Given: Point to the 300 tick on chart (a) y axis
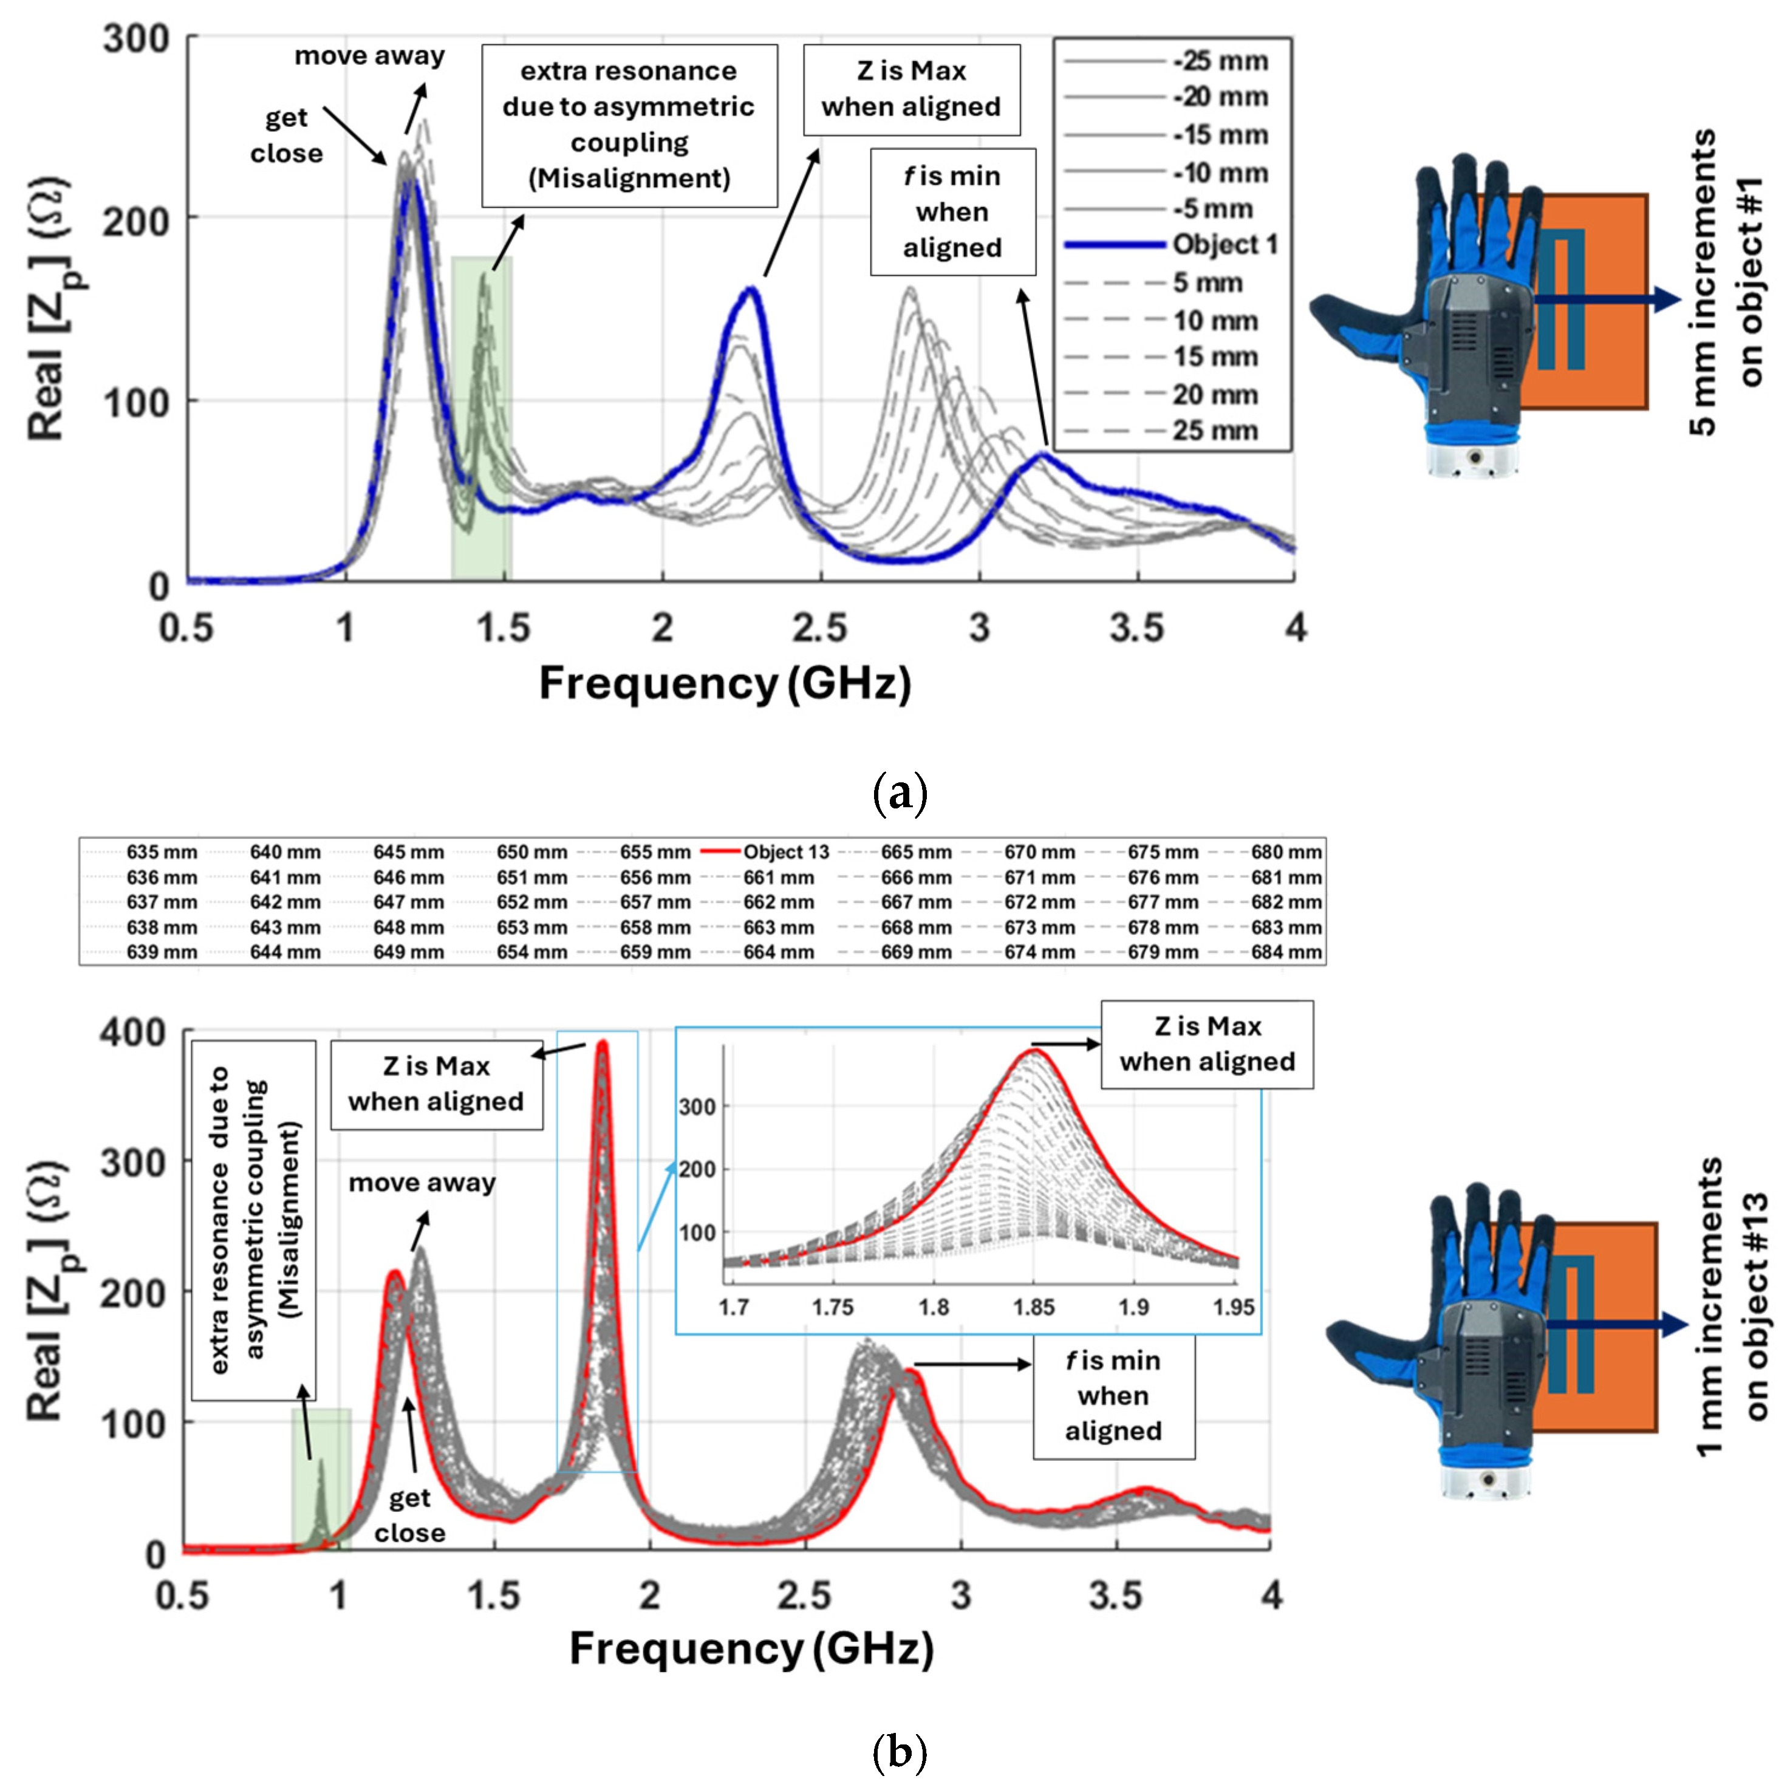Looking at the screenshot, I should [x=135, y=40].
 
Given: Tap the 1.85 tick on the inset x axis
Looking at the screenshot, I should [x=1033, y=1307].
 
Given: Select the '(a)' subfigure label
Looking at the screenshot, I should [x=899, y=794].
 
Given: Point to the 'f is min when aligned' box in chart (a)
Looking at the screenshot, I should [x=952, y=212].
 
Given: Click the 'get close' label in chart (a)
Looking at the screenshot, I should [x=286, y=135].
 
